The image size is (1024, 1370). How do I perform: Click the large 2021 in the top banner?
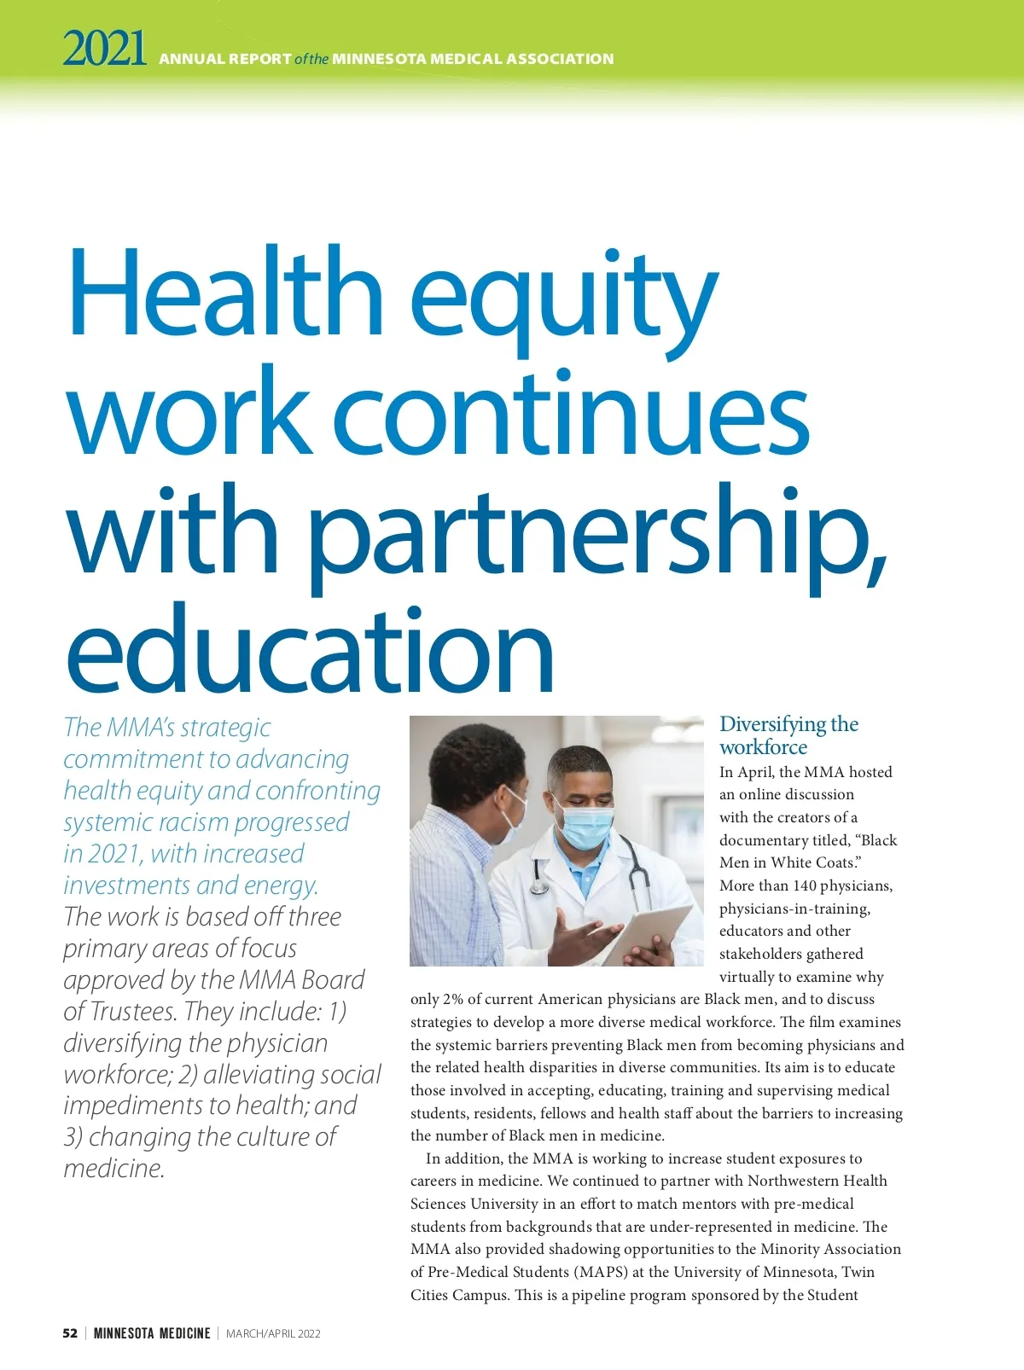point(104,49)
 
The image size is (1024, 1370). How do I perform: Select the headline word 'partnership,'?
point(597,533)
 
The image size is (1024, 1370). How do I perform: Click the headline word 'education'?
point(309,650)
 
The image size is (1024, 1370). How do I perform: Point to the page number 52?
point(70,1333)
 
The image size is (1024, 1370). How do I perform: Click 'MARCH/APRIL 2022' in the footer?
point(273,1333)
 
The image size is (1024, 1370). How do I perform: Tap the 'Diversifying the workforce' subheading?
point(788,735)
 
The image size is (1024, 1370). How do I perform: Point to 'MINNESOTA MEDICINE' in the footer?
point(152,1333)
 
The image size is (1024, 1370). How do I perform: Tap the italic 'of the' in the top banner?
point(311,59)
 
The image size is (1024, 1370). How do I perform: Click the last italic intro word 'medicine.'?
point(113,1169)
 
